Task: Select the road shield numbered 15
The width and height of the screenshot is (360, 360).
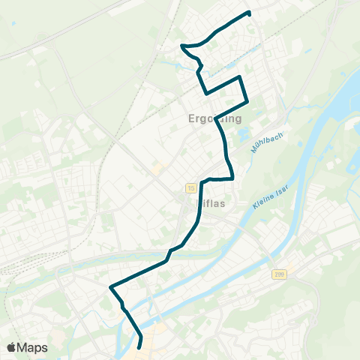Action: point(193,188)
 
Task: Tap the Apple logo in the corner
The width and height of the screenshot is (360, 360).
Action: point(11,348)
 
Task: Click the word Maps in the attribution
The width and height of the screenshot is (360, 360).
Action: point(32,348)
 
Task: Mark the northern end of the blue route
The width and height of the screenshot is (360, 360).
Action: point(249,13)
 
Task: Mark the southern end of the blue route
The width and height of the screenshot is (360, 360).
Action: point(140,346)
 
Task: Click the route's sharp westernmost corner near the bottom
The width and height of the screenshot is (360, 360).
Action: point(111,286)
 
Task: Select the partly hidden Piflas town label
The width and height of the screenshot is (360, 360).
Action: point(211,202)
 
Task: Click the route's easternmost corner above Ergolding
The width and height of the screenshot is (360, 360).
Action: point(247,102)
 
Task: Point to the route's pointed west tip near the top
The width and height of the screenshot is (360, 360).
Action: point(181,46)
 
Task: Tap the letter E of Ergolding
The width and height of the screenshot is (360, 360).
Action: point(190,118)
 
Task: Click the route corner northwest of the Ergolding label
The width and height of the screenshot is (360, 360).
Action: point(206,93)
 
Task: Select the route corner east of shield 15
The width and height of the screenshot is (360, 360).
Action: point(232,178)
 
